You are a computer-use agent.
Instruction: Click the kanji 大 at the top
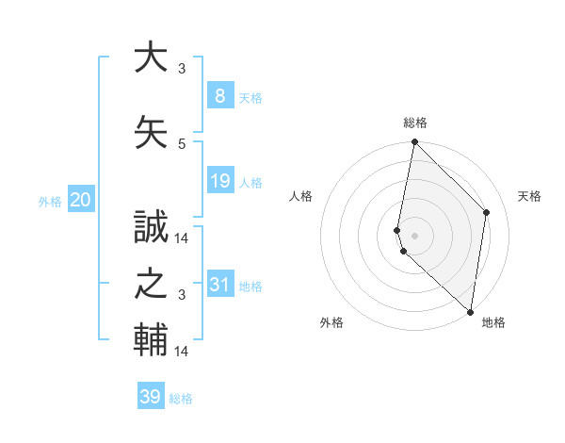[x=151, y=56]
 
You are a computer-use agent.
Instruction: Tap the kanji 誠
[x=151, y=226]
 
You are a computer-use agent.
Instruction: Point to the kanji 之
[x=151, y=283]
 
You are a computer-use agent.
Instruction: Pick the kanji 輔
[x=151, y=339]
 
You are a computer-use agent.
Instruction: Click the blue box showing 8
[x=219, y=95]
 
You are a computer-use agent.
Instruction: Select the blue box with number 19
[x=219, y=180]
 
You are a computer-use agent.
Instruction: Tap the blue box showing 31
[x=219, y=284]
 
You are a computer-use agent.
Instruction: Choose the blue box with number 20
[x=80, y=199]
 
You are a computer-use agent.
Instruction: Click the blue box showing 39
[x=150, y=397]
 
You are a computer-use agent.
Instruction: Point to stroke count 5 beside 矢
[x=182, y=143]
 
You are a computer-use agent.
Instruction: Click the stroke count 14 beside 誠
[x=182, y=238]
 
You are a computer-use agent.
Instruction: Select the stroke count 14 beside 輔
[x=182, y=351]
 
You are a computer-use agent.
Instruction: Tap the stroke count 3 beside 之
[x=182, y=295]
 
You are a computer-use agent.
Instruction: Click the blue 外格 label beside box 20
[x=49, y=201]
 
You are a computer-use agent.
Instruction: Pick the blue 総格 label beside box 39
[x=181, y=399]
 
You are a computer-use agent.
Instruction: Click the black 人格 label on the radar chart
[x=301, y=196]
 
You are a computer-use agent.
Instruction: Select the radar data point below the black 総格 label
[x=413, y=142]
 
